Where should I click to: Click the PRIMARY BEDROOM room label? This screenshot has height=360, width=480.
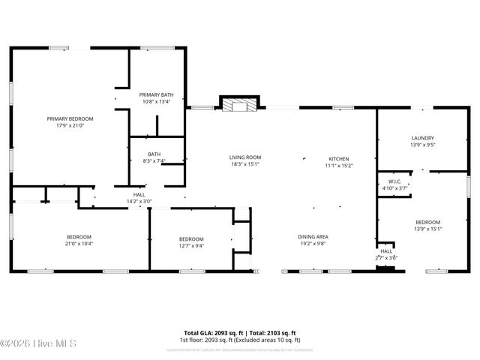[x=70, y=118]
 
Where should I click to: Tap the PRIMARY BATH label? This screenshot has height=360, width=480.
[x=156, y=94]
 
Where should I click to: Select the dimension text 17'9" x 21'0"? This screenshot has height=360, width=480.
[x=70, y=125]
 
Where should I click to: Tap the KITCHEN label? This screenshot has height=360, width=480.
[x=339, y=159]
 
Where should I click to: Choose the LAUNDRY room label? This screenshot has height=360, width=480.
[x=422, y=138]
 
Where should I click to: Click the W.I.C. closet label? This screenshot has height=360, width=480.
[x=396, y=181]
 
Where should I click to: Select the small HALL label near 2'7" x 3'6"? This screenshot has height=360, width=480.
[x=385, y=251]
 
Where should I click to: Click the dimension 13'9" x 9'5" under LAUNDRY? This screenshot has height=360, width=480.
[x=423, y=145]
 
